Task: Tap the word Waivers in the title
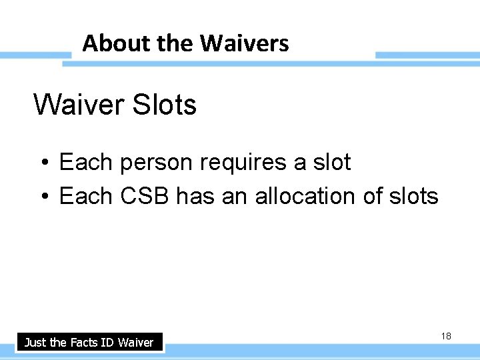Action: (244, 44)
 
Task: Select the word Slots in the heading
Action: (165, 105)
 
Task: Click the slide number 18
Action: (446, 336)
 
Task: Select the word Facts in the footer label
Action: (84, 343)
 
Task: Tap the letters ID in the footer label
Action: (108, 343)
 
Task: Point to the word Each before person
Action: (86, 162)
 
